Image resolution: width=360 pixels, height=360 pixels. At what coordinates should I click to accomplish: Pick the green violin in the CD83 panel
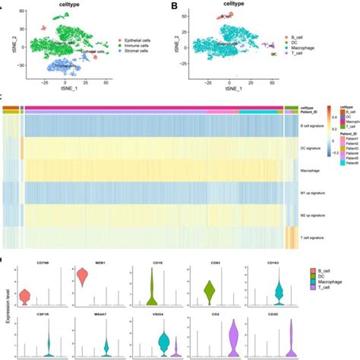pos(209,290)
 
